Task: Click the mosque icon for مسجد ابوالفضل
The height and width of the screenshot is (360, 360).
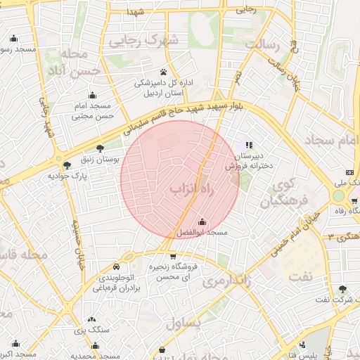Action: [202, 222]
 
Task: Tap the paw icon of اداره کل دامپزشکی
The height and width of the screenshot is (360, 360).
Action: [163, 72]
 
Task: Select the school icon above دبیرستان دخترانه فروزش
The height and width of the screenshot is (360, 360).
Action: [247, 144]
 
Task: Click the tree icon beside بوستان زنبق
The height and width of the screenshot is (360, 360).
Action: [100, 148]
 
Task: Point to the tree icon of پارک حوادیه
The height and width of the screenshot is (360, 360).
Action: [67, 166]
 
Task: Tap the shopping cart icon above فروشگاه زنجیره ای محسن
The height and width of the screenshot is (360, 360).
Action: [173, 257]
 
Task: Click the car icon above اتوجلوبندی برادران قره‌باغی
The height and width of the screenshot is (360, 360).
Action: [115, 267]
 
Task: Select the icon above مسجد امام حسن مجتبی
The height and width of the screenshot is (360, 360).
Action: [92, 96]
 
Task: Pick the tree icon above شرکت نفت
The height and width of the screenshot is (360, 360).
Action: [342, 289]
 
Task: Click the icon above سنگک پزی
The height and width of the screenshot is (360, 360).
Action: [92, 319]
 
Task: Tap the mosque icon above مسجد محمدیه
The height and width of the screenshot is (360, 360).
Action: [95, 346]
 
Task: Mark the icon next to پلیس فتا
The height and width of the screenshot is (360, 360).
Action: [302, 345]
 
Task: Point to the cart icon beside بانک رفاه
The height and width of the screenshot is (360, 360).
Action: [353, 202]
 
